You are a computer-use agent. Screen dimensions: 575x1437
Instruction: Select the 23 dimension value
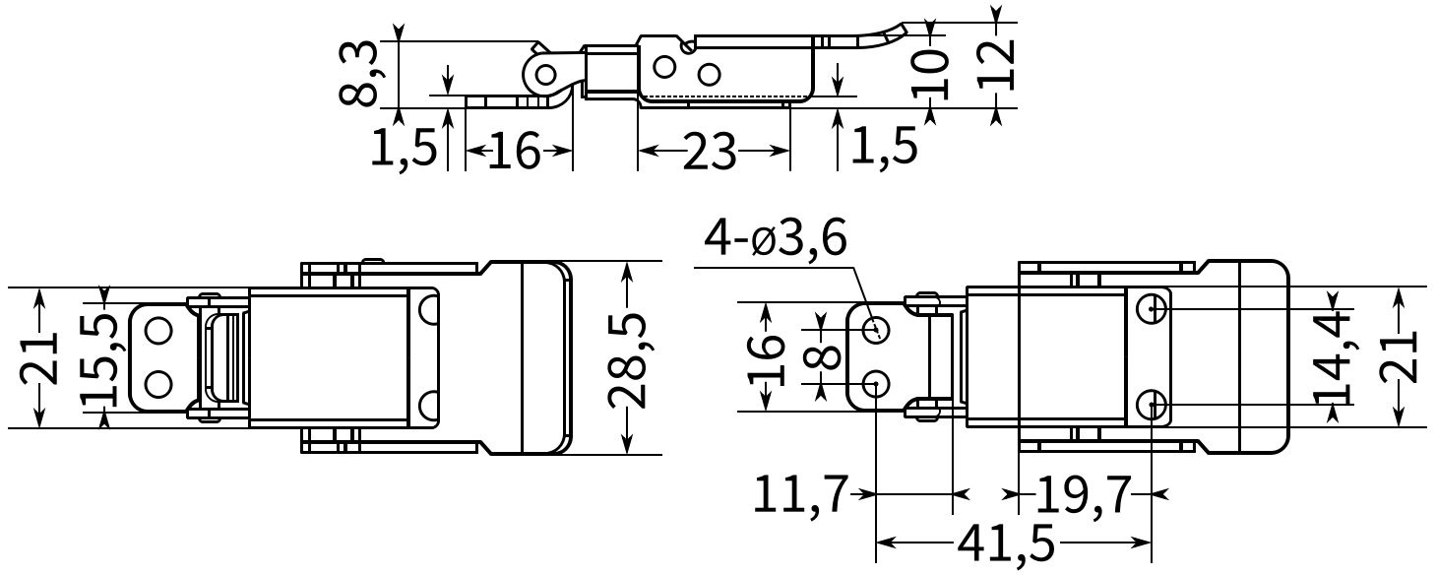[710, 152]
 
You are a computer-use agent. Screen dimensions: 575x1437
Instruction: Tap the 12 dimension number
[996, 65]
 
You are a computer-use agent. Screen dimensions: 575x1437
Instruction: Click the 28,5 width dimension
[628, 358]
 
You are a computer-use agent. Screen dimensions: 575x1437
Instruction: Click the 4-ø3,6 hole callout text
[775, 239]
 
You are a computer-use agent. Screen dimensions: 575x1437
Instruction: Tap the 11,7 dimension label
[799, 494]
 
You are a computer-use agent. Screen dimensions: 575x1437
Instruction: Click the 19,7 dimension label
[1080, 494]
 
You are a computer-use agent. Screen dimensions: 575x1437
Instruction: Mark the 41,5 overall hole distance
[1012, 543]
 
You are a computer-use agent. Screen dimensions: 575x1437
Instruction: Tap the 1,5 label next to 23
[883, 146]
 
